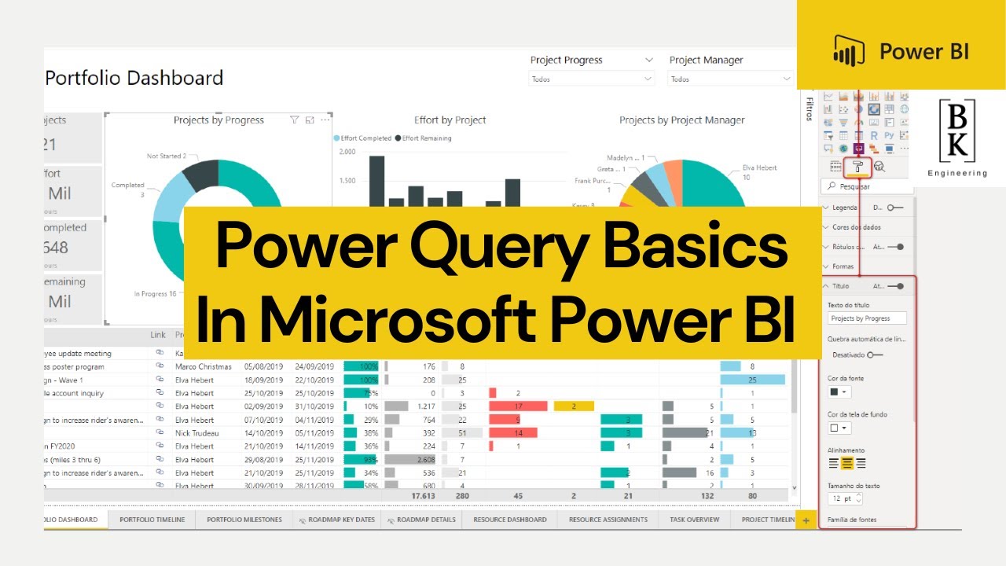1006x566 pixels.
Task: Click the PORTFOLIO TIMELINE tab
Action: [152, 520]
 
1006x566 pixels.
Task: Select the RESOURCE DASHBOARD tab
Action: [509, 520]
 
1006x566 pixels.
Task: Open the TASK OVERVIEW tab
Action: [694, 520]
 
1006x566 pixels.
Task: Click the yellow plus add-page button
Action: [806, 520]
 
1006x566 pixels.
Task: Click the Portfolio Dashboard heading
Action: [134, 78]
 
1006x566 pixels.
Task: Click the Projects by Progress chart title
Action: [218, 120]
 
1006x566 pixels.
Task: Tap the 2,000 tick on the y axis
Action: [347, 152]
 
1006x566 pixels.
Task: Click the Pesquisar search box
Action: [868, 187]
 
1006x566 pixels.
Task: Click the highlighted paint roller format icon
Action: [857, 166]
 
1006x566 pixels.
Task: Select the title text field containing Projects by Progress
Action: [868, 318]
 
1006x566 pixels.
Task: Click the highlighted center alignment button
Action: [847, 463]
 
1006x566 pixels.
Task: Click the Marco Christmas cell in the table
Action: [204, 366]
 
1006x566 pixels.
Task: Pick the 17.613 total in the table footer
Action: [423, 496]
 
